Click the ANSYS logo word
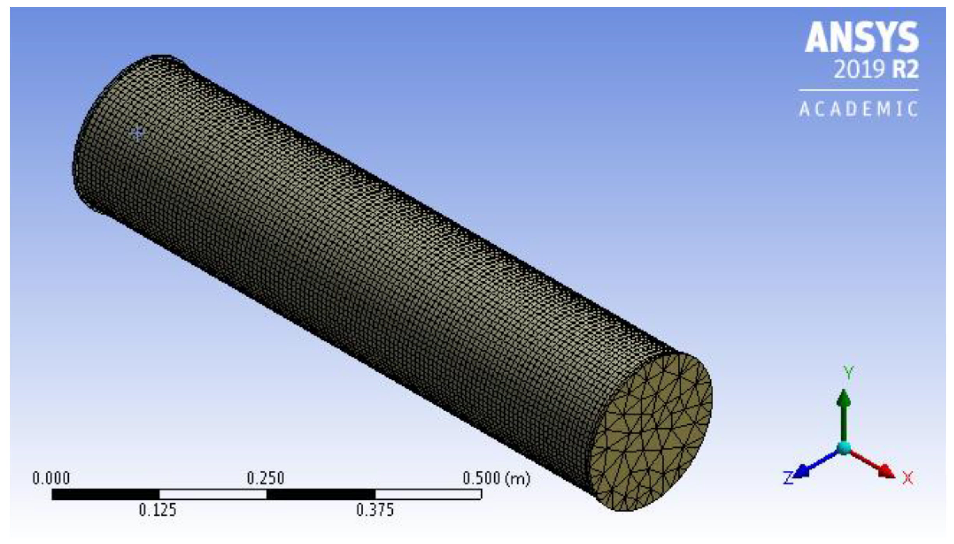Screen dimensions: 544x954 pos(862,38)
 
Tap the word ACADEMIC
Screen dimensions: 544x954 pos(858,109)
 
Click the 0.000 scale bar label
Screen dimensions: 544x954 pos(51,478)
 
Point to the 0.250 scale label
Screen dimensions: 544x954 pos(265,478)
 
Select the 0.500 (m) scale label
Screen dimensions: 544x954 pos(496,478)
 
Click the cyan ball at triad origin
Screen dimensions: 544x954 pos(844,448)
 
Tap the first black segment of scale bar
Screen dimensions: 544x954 pos(105,494)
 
